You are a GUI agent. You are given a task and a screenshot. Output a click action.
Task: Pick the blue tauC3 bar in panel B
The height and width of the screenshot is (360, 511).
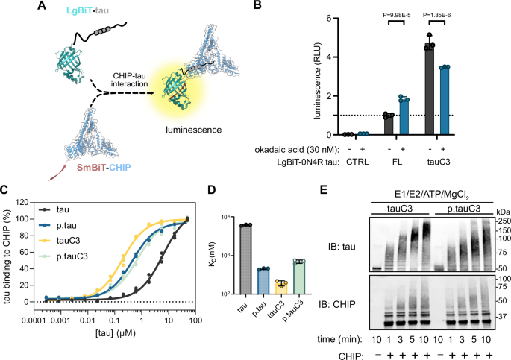445,101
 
